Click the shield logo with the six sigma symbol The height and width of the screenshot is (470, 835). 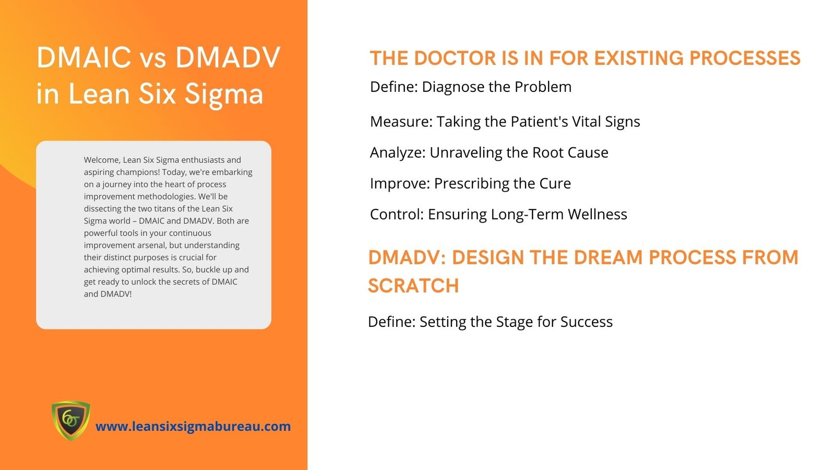click(x=70, y=420)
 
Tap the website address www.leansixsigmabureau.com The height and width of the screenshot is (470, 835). click(x=193, y=426)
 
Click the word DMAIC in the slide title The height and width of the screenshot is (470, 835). click(x=84, y=57)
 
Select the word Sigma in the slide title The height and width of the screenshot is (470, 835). click(x=224, y=93)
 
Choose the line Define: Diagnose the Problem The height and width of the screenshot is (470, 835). click(x=470, y=87)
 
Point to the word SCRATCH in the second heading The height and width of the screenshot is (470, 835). click(x=413, y=286)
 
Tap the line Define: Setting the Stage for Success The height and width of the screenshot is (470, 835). click(x=490, y=322)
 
